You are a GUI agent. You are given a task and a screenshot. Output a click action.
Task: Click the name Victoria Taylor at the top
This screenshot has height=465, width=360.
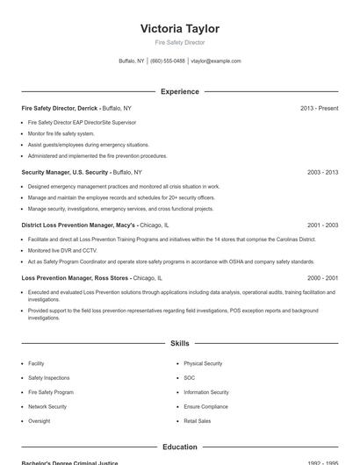point(179,29)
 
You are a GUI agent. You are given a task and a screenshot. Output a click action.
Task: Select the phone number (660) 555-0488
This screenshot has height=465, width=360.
point(168,61)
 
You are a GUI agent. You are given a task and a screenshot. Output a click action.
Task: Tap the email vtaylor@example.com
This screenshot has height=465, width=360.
point(216,61)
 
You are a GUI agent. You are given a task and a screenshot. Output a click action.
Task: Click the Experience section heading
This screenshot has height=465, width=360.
point(179,91)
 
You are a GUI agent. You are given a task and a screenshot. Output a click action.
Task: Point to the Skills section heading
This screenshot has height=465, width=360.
point(179,344)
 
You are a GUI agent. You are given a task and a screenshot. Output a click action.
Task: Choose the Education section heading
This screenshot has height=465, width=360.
point(179,447)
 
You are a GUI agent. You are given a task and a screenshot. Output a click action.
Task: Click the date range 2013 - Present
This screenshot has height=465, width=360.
point(319,108)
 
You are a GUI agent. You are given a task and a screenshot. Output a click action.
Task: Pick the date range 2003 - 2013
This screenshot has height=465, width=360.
point(322,173)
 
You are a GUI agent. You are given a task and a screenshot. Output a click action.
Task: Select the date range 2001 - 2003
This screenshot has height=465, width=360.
point(322,225)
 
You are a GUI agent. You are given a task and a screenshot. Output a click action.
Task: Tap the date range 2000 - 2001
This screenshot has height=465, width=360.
point(322,277)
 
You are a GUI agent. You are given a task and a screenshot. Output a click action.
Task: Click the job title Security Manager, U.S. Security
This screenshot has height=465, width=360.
point(65,173)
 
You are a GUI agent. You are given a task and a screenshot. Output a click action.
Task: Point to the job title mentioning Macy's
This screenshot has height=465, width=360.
point(78,225)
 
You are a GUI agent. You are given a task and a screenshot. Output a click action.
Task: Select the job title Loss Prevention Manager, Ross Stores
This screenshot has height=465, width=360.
point(76,277)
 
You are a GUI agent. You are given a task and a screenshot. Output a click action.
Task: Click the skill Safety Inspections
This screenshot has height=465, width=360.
point(48,378)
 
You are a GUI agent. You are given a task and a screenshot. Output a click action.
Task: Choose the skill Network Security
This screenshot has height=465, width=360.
point(47,407)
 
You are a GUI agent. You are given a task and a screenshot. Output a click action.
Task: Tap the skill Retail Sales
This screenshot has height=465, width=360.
point(197,421)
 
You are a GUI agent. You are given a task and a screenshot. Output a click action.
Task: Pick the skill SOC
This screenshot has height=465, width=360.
point(189,378)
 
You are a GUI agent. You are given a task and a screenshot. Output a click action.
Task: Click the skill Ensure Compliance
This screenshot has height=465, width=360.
point(205,407)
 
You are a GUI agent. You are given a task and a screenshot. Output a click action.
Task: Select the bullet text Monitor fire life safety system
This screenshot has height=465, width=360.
point(61,133)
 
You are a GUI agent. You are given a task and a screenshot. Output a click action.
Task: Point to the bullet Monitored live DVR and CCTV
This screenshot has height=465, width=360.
point(62,250)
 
